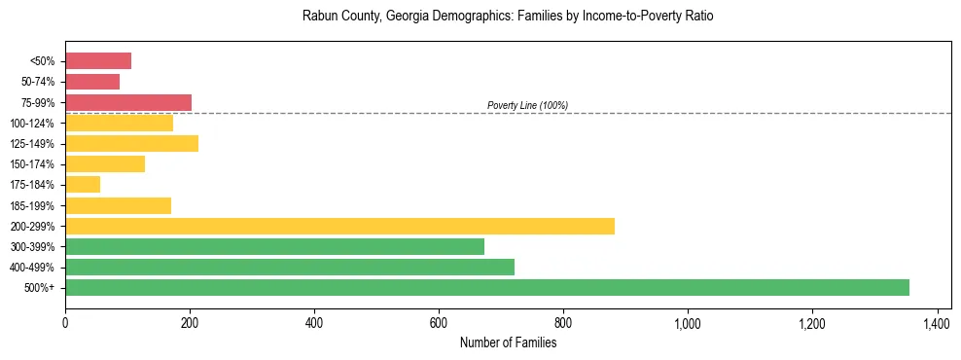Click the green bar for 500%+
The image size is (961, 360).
pos(486,287)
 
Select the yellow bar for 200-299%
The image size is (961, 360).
pos(339,226)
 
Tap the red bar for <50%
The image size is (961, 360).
pos(98,61)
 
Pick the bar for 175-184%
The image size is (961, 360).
pos(83,185)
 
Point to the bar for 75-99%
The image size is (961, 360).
pos(128,102)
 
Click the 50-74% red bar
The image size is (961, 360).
pos(92,82)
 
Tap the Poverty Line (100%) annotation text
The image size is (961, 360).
pos(527,105)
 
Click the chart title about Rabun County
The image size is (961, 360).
pos(508,17)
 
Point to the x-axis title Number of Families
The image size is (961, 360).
pos(508,342)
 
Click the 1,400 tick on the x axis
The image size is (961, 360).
pos(937,323)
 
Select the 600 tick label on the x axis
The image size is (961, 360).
pos(439,323)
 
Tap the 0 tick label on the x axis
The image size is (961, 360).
pos(65,323)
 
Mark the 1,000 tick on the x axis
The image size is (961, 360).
pos(688,323)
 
